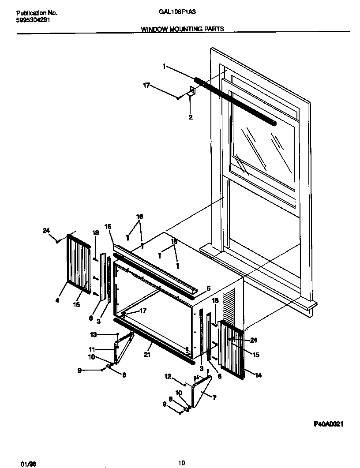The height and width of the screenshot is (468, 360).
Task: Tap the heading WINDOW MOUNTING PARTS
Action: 182,29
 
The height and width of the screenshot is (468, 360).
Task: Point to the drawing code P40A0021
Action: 328,424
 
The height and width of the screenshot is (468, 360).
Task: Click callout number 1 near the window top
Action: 164,67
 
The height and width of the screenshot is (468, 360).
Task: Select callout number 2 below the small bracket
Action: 190,117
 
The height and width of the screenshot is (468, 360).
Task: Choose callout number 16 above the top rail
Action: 108,226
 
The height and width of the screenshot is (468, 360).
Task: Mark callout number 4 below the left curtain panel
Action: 57,301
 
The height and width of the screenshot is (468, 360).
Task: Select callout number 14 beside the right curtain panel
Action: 259,375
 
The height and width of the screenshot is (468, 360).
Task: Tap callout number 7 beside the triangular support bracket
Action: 214,398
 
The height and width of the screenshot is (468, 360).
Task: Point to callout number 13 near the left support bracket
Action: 93,334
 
